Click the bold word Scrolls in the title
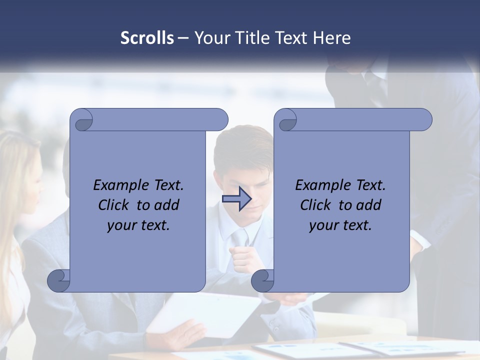(x=147, y=38)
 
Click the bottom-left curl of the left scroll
(x=58, y=280)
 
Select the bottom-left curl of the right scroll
(x=262, y=280)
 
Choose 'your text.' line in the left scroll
(x=138, y=225)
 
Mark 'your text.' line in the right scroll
(x=340, y=225)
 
